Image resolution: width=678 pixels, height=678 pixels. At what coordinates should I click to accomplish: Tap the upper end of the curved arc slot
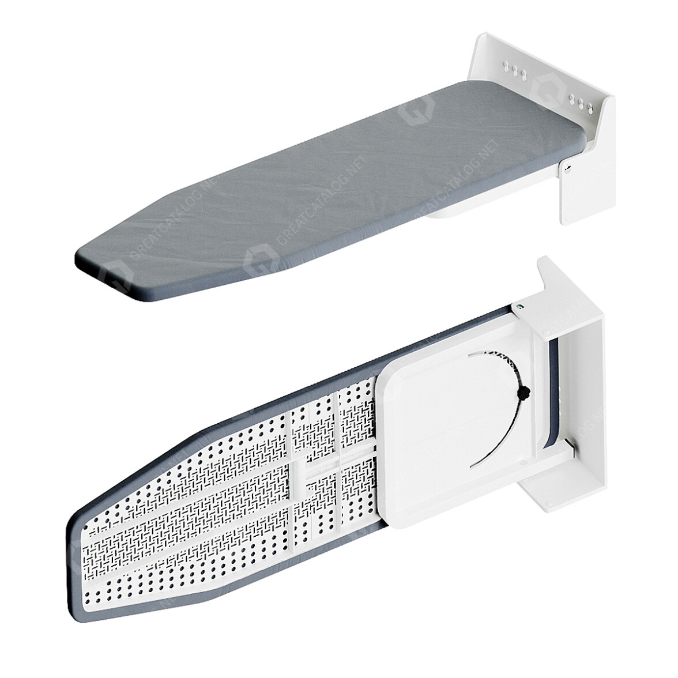[484, 351]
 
